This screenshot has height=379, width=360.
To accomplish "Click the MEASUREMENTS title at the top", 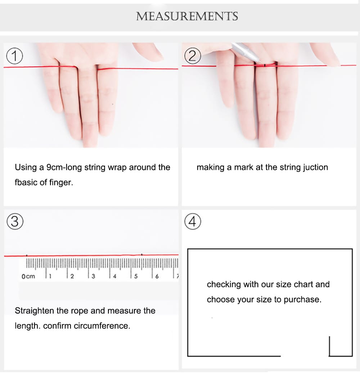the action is pos(187,16).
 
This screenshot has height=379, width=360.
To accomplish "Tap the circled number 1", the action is pos(14,56).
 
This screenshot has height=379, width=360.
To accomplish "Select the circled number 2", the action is pos(193,56).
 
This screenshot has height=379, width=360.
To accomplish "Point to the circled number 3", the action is pos(15,221).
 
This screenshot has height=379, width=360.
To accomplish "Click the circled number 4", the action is pos(193,221).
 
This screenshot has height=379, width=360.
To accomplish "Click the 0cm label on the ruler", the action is pos(28,276).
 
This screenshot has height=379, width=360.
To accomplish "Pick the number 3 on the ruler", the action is pos(93,276).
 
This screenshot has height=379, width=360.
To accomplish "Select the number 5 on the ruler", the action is pos(136,276).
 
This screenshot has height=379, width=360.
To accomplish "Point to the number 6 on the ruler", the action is pos(157,276).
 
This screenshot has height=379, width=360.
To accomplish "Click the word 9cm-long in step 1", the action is pos(64,167).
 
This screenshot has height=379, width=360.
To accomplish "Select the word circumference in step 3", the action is pos(102,326).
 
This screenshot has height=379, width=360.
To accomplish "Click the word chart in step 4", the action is pos(302,284).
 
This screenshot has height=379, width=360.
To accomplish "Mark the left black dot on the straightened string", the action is pos(27,255).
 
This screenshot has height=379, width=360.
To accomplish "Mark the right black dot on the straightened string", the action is pos(142,254).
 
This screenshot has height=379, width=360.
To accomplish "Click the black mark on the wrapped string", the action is pos(265,65).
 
